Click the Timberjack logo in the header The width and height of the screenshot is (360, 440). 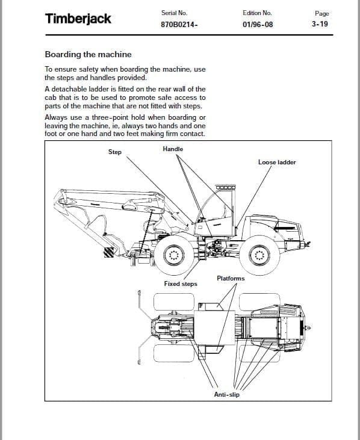click(x=78, y=19)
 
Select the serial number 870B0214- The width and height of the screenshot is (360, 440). click(x=179, y=25)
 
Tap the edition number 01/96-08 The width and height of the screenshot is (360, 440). click(x=258, y=25)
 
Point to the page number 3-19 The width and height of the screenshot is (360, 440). click(x=320, y=24)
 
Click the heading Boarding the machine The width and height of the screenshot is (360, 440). click(x=88, y=54)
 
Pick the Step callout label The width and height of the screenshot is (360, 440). click(x=115, y=152)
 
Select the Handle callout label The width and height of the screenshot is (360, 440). click(x=173, y=149)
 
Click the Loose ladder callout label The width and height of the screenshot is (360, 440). click(x=277, y=162)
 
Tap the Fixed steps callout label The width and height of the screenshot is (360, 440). click(x=181, y=284)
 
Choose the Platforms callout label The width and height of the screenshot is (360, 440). click(x=231, y=278)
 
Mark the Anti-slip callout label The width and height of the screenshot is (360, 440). click(x=227, y=394)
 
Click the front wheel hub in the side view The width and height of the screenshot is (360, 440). click(x=174, y=255)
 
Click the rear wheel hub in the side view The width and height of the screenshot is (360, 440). click(x=259, y=255)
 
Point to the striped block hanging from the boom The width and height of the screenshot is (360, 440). click(x=109, y=252)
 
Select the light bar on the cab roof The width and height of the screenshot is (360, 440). click(x=225, y=187)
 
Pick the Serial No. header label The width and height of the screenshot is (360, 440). click(x=174, y=13)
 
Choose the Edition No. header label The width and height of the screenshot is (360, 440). click(x=257, y=13)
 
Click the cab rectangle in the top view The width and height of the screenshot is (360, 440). click(x=214, y=327)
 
